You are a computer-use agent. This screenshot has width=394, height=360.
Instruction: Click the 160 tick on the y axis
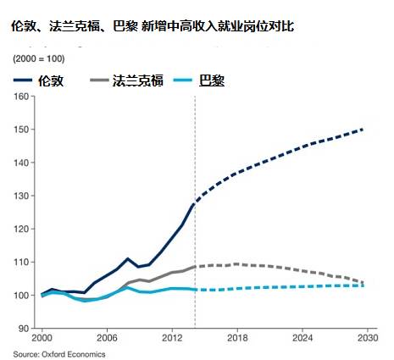(22, 96)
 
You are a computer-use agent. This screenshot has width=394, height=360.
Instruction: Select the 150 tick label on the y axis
(22, 129)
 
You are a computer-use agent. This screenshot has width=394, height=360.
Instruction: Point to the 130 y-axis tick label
(22, 196)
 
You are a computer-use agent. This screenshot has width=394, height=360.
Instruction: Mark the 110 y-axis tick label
(22, 262)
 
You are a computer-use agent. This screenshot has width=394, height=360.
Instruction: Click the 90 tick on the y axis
(25, 329)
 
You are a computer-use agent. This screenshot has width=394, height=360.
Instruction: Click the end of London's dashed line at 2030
(363, 130)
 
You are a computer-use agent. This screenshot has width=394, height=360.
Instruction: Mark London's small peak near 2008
(127, 259)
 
